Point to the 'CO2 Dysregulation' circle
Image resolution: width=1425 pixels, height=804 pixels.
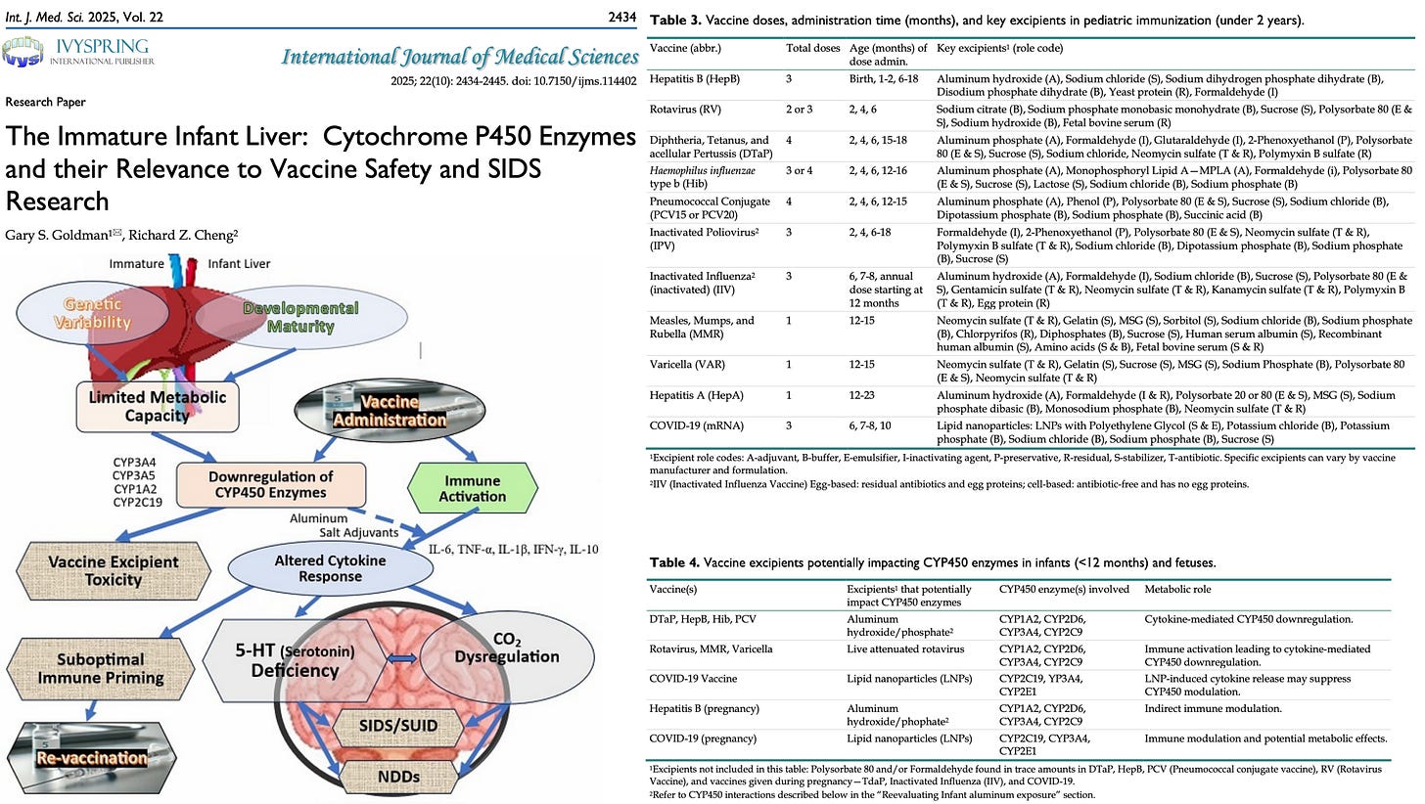tap(508, 647)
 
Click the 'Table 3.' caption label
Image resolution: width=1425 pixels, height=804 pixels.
tap(675, 20)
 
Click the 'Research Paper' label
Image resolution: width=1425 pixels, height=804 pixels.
tap(44, 102)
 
